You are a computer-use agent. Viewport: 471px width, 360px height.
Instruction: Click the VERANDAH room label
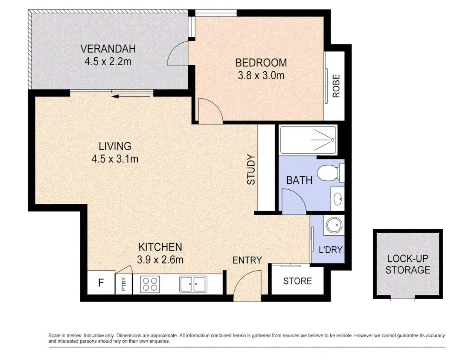click(108, 49)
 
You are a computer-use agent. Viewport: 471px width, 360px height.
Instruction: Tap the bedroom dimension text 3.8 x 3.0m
click(261, 75)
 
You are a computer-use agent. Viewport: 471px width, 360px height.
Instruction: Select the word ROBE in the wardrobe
click(336, 86)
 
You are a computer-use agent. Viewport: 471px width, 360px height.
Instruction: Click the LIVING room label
click(115, 146)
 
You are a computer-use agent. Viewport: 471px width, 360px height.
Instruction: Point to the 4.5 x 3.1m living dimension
click(115, 159)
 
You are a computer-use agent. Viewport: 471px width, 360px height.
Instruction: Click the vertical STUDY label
click(251, 170)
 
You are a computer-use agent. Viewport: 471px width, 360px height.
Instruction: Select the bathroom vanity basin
click(338, 199)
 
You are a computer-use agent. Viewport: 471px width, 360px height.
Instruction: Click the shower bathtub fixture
click(308, 140)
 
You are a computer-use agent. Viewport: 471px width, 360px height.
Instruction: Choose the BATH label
click(299, 180)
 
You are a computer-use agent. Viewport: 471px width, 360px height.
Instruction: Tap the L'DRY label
click(331, 250)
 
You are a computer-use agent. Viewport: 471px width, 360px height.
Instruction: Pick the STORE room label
click(297, 281)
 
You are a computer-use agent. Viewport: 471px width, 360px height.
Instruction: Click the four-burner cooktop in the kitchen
click(150, 284)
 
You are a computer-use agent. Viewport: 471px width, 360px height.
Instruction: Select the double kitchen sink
click(193, 284)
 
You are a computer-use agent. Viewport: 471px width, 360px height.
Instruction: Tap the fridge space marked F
click(101, 283)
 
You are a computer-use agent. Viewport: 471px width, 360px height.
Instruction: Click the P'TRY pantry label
click(124, 284)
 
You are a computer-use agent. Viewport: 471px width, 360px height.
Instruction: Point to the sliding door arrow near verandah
click(131, 97)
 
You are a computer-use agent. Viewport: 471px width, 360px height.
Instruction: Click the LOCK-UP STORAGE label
click(408, 264)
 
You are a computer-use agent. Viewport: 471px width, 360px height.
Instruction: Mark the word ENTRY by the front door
click(247, 260)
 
